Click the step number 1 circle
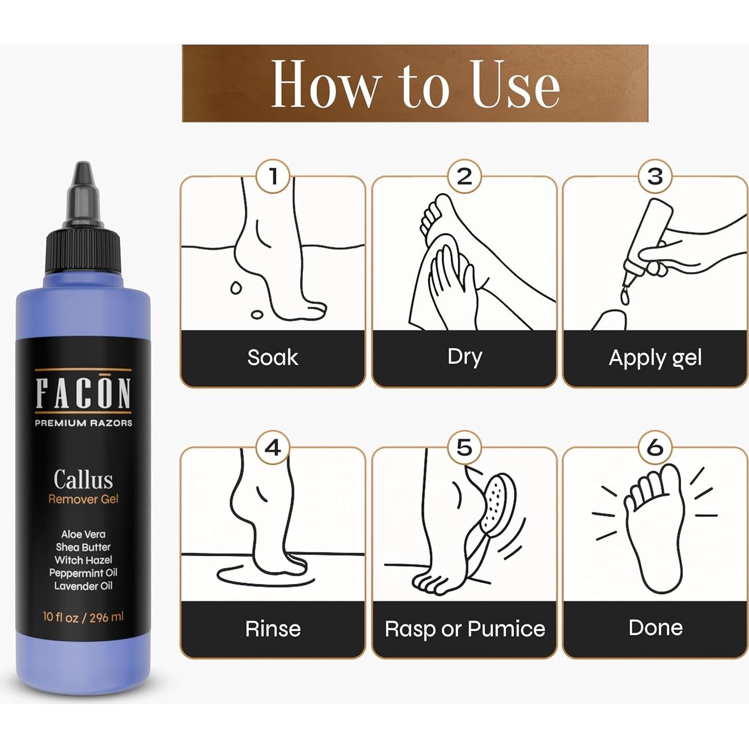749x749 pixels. click(273, 177)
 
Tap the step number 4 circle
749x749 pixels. click(273, 447)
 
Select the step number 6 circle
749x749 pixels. click(655, 447)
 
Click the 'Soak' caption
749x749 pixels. click(273, 358)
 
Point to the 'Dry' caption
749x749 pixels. click(465, 357)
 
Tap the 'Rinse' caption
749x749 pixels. click(273, 629)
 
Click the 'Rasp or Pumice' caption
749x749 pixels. click(465, 629)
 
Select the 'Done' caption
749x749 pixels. click(655, 628)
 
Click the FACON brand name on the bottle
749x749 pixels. click(83, 394)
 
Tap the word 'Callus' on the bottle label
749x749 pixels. click(83, 479)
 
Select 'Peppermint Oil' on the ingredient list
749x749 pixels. click(83, 573)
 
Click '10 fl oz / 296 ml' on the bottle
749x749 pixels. click(83, 617)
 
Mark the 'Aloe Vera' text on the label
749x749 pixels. click(83, 534)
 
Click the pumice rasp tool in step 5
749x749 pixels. click(497, 503)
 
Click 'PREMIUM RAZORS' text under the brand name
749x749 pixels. click(83, 423)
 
